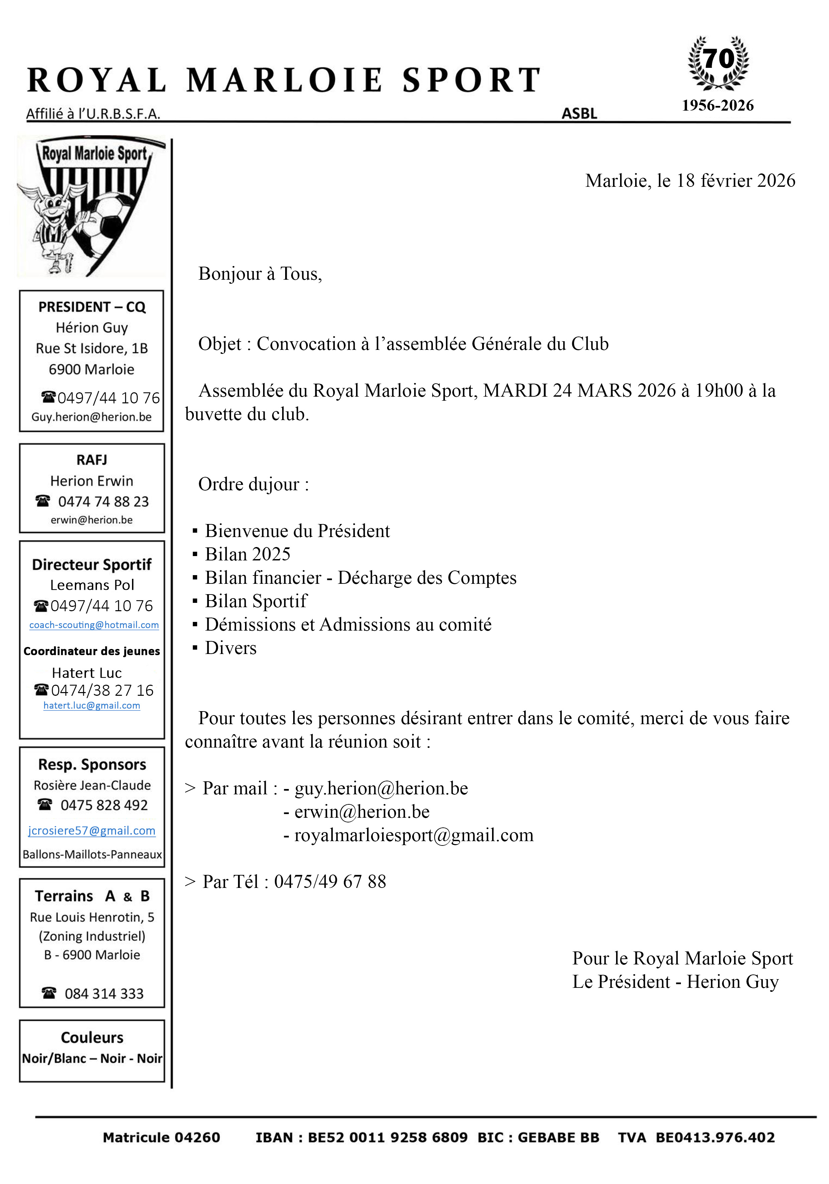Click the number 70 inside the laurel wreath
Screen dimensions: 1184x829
coord(718,59)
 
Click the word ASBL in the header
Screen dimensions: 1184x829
coord(579,113)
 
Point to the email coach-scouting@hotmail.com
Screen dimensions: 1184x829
coord(94,625)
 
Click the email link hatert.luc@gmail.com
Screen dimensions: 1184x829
coord(92,705)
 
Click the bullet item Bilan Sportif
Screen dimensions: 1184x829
coord(256,601)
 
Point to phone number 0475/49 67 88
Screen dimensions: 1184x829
coord(330,882)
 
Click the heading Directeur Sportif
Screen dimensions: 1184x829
coord(92,565)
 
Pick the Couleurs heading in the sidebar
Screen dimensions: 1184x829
coord(92,1038)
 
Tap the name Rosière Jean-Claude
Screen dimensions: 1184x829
coord(92,785)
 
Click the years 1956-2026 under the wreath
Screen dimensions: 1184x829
coord(718,106)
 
